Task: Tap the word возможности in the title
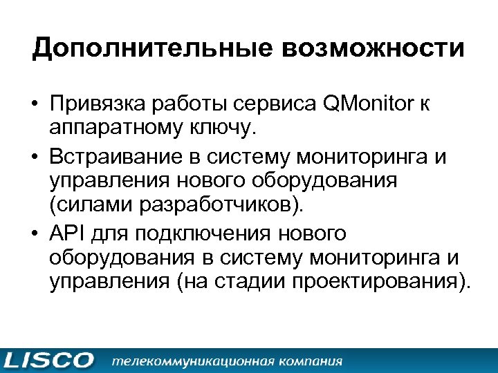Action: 361,50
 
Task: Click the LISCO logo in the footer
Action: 48,361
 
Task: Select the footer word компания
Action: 311,361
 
